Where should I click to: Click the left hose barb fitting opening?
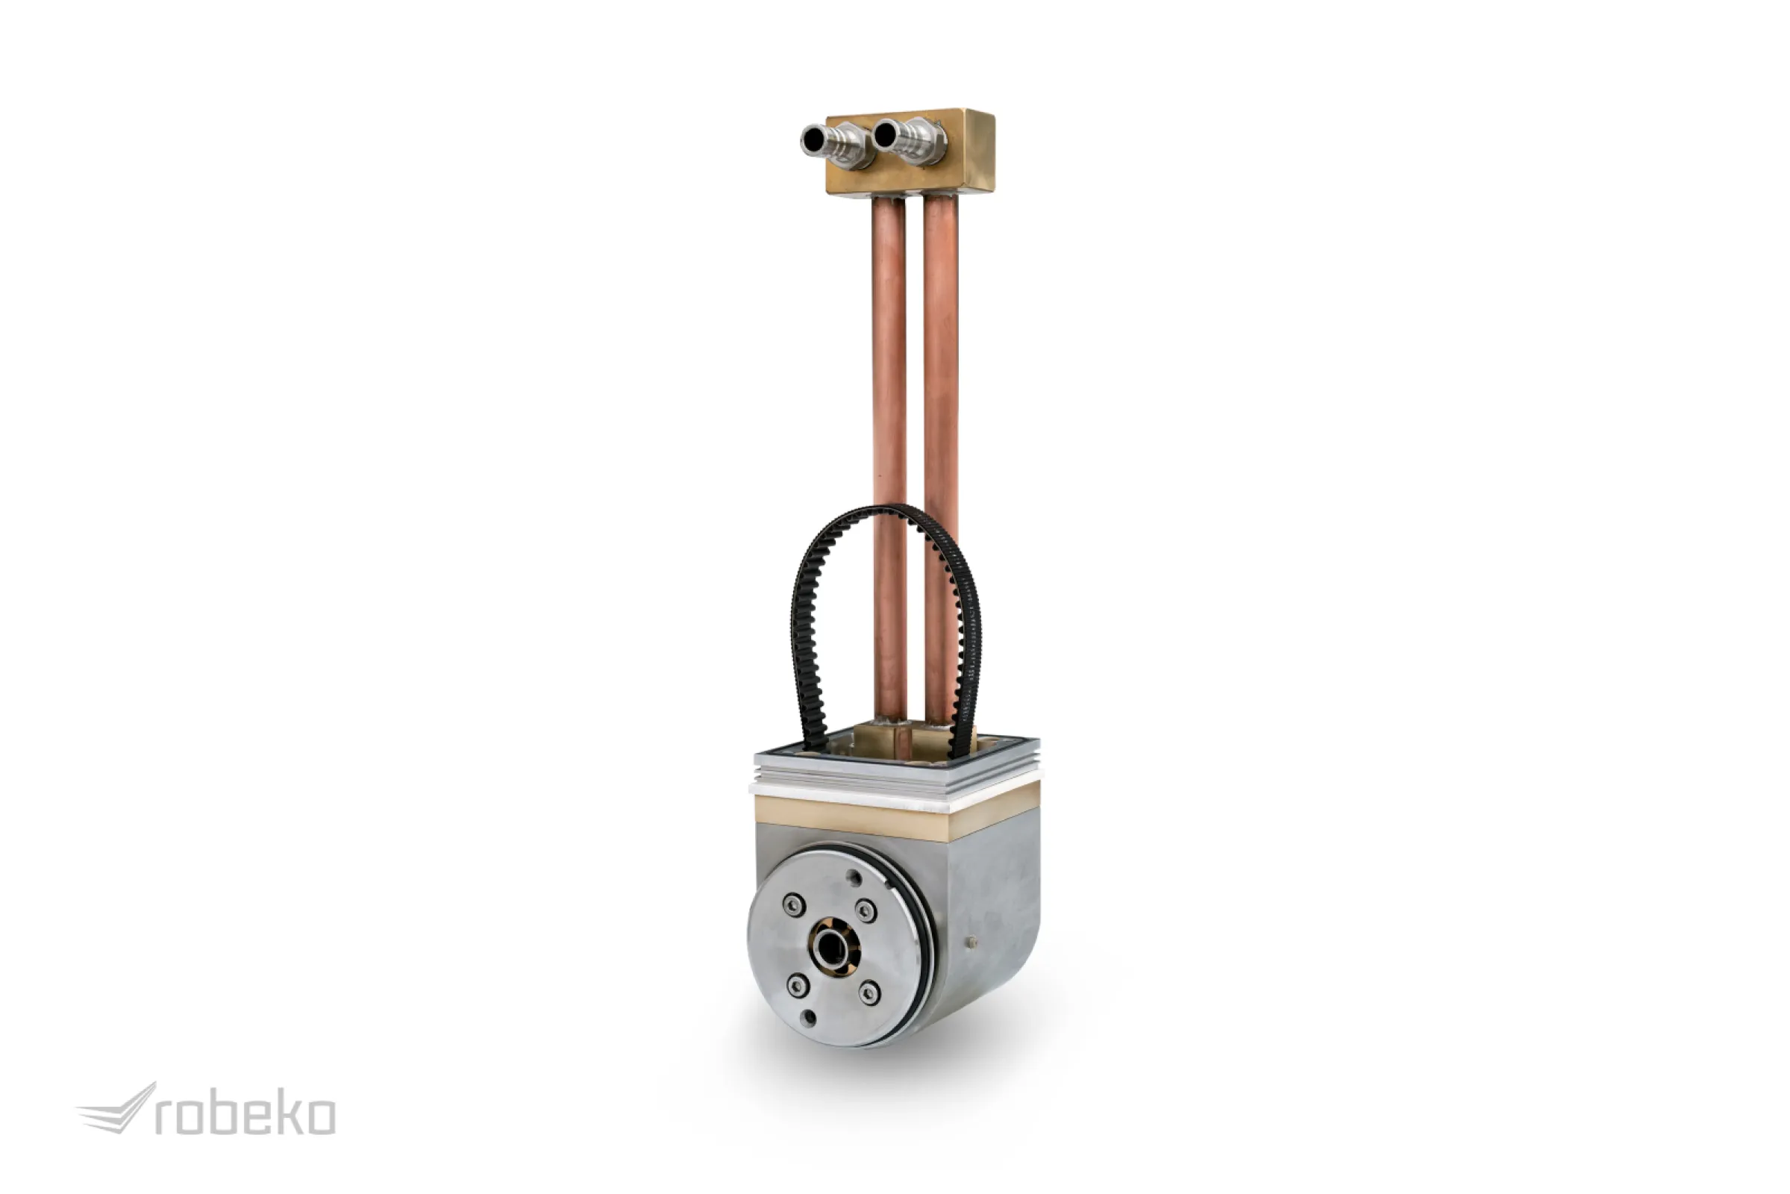813,140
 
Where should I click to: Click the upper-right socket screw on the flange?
866,910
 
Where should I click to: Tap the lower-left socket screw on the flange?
797,986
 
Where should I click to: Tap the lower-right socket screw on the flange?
869,993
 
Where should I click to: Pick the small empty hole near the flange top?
854,878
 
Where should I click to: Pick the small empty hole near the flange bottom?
809,1017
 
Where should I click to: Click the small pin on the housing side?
971,943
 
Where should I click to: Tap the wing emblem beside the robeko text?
118,1110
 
